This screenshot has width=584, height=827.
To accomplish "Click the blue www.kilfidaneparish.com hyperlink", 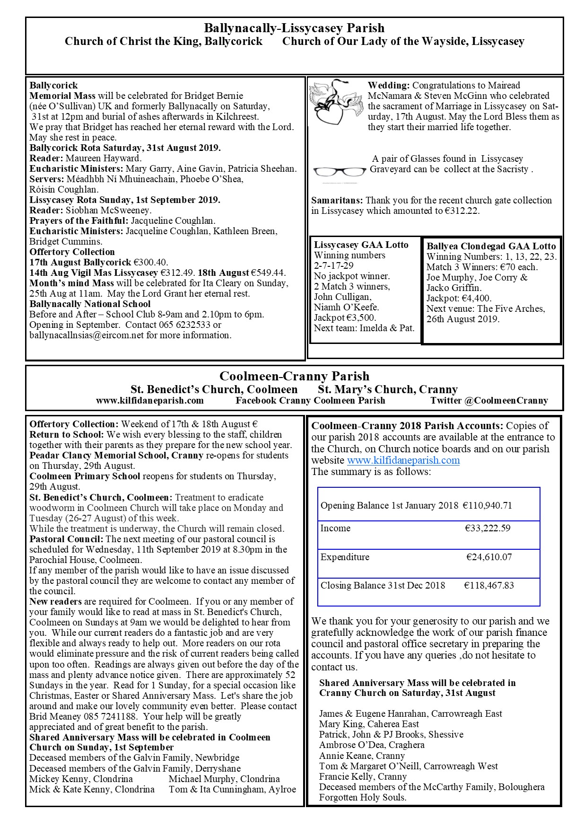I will pyautogui.click(x=403, y=460).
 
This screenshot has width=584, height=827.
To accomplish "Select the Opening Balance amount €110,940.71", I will pyautogui.click(x=487, y=505).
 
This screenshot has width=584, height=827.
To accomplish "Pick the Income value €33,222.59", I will pyautogui.click(x=488, y=528).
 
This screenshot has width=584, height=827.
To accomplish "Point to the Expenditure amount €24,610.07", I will pyautogui.click(x=489, y=557).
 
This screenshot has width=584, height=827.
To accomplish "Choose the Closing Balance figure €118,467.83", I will pyautogui.click(x=488, y=585).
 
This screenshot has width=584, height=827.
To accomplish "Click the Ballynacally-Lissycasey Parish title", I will pyautogui.click(x=294, y=28).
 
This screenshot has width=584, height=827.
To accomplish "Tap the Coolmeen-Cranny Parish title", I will pyautogui.click(x=294, y=377).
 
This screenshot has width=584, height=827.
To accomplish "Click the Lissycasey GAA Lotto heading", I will pyautogui.click(x=361, y=245).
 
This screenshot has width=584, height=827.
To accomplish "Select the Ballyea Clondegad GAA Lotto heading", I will pyautogui.click(x=491, y=246).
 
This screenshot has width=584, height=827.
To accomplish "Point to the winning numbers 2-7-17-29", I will pyautogui.click(x=333, y=265).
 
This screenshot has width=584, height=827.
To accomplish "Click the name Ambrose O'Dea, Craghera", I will pyautogui.click(x=372, y=745).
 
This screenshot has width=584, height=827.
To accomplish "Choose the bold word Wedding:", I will pyautogui.click(x=388, y=86).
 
